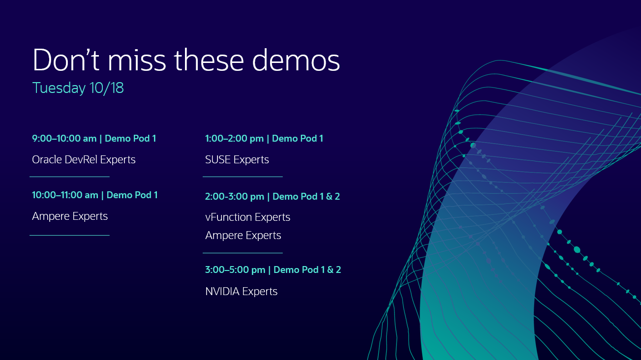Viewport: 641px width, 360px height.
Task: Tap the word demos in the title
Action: click(x=296, y=60)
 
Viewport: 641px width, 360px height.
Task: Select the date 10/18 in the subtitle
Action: click(x=107, y=88)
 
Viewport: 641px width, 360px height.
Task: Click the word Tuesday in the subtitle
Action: click(x=59, y=88)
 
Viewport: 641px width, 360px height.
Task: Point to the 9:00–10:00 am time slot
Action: click(x=64, y=139)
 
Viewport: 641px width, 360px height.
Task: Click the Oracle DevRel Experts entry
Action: click(x=84, y=160)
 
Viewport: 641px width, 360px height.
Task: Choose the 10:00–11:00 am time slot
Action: click(x=65, y=195)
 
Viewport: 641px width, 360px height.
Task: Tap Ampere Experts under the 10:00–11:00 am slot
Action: click(x=70, y=216)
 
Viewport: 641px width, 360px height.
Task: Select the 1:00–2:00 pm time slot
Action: click(x=234, y=139)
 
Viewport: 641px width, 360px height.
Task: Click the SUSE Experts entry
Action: click(x=237, y=160)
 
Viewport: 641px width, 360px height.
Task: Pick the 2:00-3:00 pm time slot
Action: click(x=235, y=197)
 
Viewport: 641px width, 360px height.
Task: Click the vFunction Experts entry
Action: click(x=247, y=217)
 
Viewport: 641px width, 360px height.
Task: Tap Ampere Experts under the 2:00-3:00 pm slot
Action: click(x=243, y=236)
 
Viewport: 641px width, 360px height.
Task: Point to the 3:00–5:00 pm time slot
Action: click(x=235, y=270)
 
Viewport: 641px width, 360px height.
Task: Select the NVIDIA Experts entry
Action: click(x=241, y=292)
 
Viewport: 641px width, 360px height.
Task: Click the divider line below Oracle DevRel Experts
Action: click(x=69, y=177)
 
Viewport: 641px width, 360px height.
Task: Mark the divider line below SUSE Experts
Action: click(x=243, y=177)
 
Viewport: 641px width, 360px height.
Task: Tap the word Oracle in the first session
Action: click(x=47, y=160)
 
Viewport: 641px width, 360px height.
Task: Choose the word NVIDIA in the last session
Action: click(x=222, y=292)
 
